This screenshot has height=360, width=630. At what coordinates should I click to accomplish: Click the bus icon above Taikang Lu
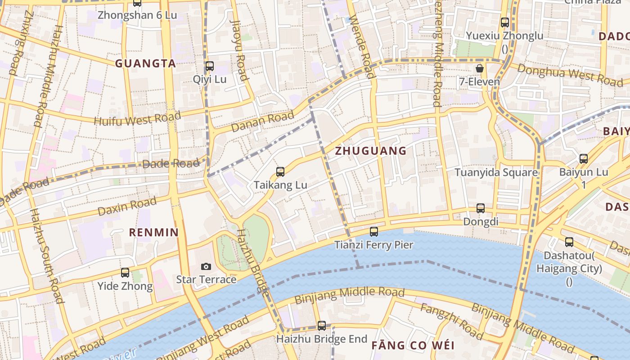280,171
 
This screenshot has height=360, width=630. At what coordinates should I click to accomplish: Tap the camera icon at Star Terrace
206,266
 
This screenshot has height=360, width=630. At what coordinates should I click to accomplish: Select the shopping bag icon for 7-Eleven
480,68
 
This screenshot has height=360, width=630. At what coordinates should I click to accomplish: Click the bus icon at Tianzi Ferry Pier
374,232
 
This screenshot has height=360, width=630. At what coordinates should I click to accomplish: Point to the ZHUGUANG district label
371,151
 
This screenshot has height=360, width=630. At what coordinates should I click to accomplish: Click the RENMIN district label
154,233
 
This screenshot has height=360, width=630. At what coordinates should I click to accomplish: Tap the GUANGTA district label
145,64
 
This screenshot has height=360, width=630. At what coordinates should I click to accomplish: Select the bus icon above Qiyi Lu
209,66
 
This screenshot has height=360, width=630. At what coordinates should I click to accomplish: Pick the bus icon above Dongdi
481,208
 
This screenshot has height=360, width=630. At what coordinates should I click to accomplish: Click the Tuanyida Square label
496,172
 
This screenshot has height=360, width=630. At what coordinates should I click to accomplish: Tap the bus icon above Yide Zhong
125,273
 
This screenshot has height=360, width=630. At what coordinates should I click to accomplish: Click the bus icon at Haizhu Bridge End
322,325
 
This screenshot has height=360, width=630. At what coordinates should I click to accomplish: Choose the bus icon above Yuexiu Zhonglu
505,22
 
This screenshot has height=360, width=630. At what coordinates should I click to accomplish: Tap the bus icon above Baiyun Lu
584,158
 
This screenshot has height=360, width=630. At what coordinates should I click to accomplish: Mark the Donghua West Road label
570,75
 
